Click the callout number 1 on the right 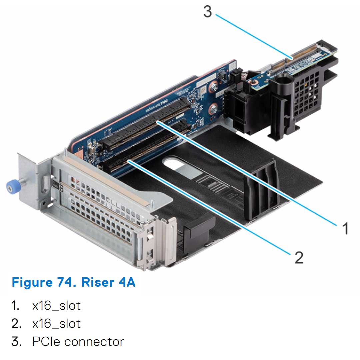click(345, 229)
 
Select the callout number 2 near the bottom click(299, 257)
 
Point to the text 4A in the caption click(127, 282)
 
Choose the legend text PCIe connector click(78, 341)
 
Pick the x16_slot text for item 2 click(56, 323)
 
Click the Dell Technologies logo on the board click(157, 103)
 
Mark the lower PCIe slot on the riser click(143, 150)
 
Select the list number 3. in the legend click(17, 341)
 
